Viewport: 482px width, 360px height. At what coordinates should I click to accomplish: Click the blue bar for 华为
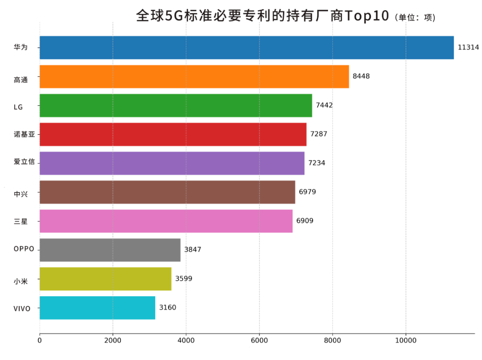click(246, 47)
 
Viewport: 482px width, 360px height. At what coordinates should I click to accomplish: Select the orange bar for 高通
click(194, 76)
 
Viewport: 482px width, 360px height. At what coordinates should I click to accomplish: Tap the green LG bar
click(176, 105)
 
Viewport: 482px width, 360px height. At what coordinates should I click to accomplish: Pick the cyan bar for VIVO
click(97, 308)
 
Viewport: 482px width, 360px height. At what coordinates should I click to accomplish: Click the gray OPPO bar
click(110, 250)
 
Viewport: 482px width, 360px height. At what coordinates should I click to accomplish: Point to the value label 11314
click(468, 47)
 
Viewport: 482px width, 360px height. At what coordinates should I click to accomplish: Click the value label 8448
click(361, 76)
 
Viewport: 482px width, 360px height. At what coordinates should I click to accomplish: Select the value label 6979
click(307, 192)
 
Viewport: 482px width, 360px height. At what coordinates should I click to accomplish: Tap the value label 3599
click(184, 279)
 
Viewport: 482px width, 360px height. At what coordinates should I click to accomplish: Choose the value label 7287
click(319, 134)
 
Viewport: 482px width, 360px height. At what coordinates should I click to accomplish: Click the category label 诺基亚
click(24, 134)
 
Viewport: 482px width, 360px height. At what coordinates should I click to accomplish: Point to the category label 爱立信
click(24, 162)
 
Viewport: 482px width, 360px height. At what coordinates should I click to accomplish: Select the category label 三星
click(21, 221)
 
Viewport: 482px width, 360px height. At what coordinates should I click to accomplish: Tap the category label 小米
click(21, 281)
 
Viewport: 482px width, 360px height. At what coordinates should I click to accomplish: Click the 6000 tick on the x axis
click(259, 341)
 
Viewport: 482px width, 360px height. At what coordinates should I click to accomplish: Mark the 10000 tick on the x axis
click(406, 341)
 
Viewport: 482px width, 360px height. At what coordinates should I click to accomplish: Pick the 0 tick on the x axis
click(40, 341)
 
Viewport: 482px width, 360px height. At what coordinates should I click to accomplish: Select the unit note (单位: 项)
click(415, 17)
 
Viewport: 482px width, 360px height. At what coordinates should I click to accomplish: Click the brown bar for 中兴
click(167, 192)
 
